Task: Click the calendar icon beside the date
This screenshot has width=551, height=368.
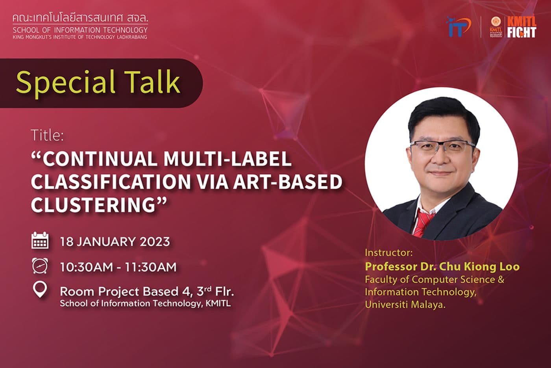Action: (x=40, y=241)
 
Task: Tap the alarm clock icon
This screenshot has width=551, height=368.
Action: (x=40, y=266)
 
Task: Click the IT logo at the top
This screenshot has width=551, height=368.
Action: (x=459, y=27)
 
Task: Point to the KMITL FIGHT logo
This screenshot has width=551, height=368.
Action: (x=521, y=27)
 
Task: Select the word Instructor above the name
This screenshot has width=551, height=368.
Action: (x=388, y=252)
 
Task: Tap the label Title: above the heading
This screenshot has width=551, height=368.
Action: (x=47, y=136)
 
